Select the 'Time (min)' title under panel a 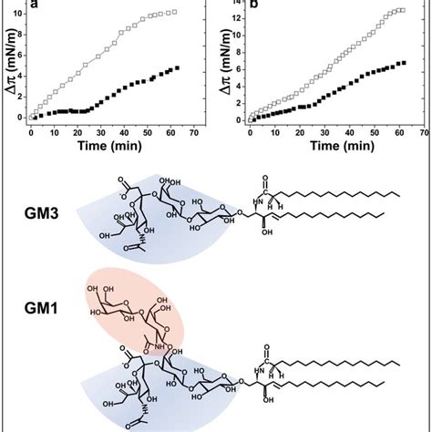pos(114,145)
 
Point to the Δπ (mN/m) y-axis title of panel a pos(7,66)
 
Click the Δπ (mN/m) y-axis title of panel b pos(223,66)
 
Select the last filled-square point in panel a pos(176,68)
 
